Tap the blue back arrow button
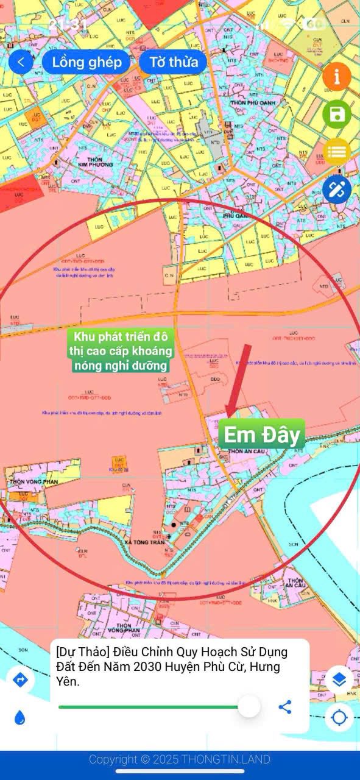[x=21, y=62]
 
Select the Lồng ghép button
[x=86, y=62]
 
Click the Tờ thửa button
[x=174, y=62]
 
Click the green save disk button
[x=337, y=114]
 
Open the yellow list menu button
[x=337, y=152]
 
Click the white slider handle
[x=249, y=707]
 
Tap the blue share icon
[x=285, y=707]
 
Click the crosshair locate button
[x=339, y=718]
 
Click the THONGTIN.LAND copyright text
[x=180, y=759]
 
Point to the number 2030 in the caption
[x=180, y=667]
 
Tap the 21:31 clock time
[x=68, y=25]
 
